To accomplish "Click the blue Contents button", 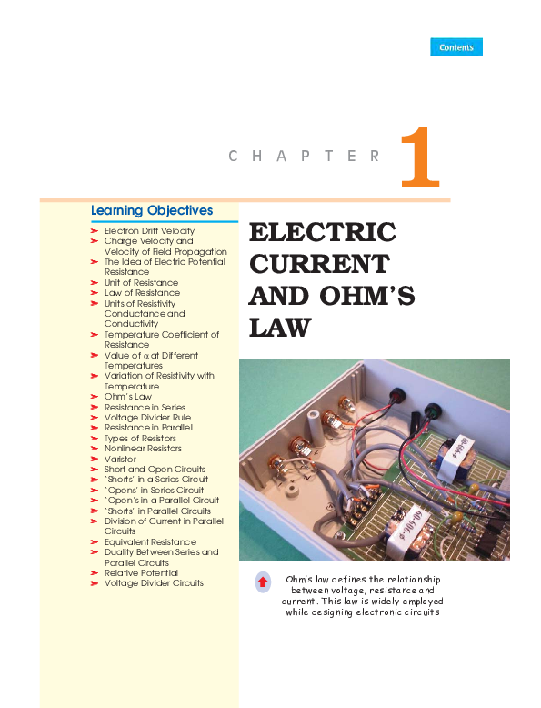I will (x=456, y=47).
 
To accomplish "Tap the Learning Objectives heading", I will (x=152, y=210).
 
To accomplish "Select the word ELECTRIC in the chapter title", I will (x=322, y=232).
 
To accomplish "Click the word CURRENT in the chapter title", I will (x=318, y=264).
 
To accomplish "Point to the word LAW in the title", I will (x=280, y=328).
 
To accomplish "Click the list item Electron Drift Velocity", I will (x=149, y=231).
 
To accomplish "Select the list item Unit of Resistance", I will (x=141, y=282).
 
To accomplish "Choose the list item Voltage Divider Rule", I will (x=147, y=418).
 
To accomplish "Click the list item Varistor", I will (x=120, y=459).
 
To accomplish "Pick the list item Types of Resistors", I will (x=140, y=439).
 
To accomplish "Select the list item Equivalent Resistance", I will (x=149, y=541).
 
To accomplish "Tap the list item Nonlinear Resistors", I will (x=143, y=449).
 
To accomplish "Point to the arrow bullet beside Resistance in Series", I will (x=95, y=408).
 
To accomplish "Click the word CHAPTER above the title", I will (x=305, y=157).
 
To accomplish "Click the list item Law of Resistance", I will (x=141, y=293).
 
